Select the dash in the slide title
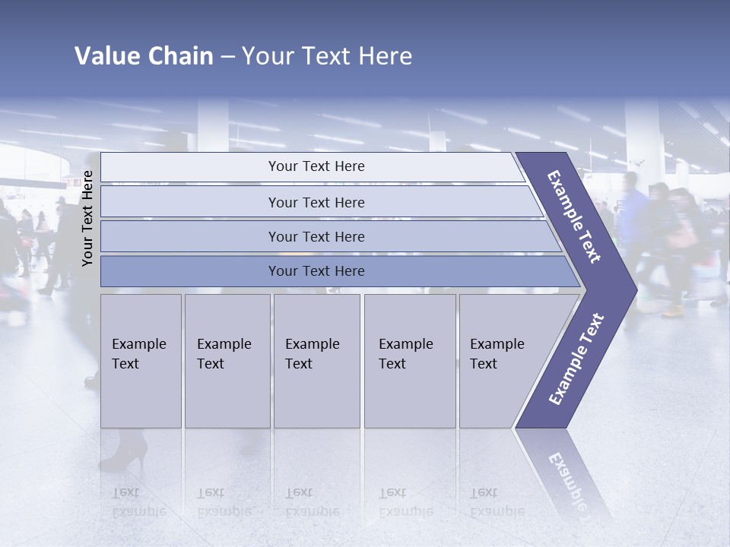click(x=227, y=57)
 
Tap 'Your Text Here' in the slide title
click(x=327, y=56)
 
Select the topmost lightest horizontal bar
click(x=316, y=166)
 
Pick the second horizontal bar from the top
click(x=316, y=202)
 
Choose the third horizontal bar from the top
click(x=316, y=236)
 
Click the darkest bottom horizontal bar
click(x=316, y=271)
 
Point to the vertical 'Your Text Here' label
click(x=87, y=218)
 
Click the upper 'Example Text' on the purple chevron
click(x=575, y=217)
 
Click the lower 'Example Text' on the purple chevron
click(x=576, y=359)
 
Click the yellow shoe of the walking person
click(x=673, y=310)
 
